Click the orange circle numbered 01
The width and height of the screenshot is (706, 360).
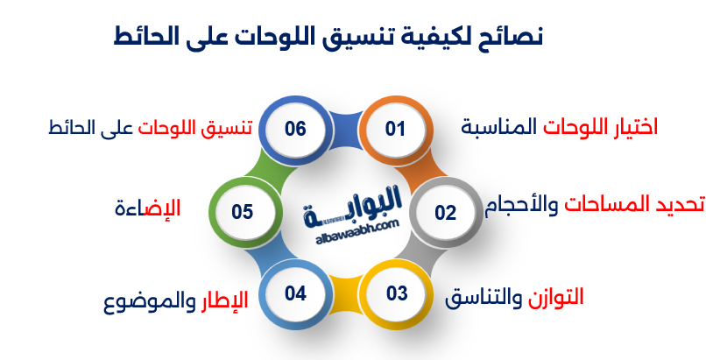[395, 129]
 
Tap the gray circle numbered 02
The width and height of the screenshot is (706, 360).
[445, 212]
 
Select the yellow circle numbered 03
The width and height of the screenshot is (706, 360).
[395, 293]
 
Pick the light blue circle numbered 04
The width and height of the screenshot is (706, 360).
[295, 293]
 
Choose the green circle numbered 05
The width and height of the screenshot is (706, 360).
[244, 211]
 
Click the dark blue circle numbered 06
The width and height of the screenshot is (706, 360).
[295, 129]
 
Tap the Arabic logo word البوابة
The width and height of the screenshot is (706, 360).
[352, 208]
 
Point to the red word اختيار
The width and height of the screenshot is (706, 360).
[632, 127]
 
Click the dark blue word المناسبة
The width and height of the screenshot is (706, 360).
[499, 127]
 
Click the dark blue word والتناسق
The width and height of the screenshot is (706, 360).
[484, 298]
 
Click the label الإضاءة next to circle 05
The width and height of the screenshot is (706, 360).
[148, 208]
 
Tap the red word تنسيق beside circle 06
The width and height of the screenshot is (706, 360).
[228, 128]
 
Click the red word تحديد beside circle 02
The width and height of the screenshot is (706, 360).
[681, 205]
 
